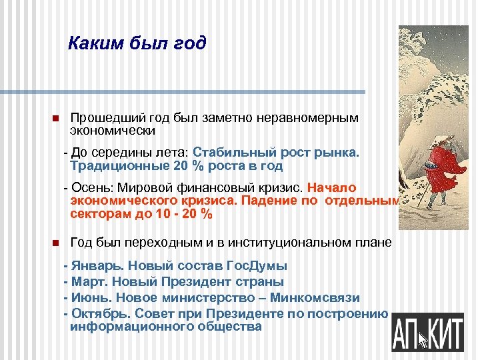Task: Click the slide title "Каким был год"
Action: (137, 44)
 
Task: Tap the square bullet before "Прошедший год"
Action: (55, 119)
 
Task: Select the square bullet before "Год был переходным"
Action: (55, 243)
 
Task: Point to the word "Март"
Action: (86, 282)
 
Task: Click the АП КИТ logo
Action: (427, 331)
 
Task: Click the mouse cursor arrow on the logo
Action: (422, 339)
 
